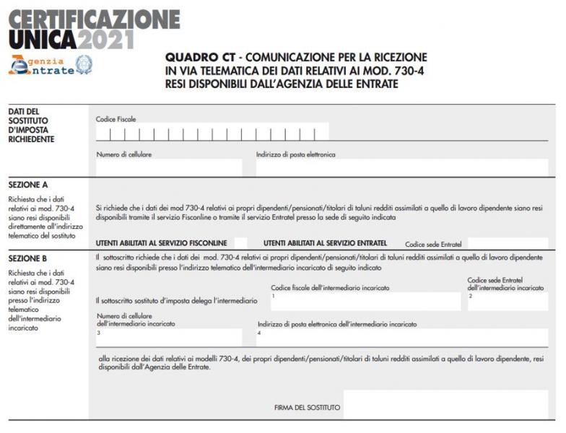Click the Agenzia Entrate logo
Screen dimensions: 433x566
pyautogui.click(x=41, y=66)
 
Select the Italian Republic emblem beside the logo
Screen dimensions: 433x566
pyautogui.click(x=84, y=65)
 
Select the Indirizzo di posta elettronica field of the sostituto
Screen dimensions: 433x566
pyautogui.click(x=401, y=167)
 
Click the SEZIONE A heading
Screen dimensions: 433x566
pyautogui.click(x=28, y=185)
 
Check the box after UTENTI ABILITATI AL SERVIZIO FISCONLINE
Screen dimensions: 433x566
pyautogui.click(x=240, y=243)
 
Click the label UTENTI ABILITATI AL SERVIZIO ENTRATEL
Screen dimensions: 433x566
pyautogui.click(x=326, y=243)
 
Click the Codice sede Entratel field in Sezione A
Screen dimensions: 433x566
pyautogui.click(x=508, y=243)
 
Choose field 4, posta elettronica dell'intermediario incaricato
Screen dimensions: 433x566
pyautogui.click(x=401, y=337)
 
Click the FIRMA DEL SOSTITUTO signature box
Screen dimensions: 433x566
pyautogui.click(x=445, y=404)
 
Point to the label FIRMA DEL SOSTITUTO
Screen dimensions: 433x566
pyautogui.click(x=307, y=408)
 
